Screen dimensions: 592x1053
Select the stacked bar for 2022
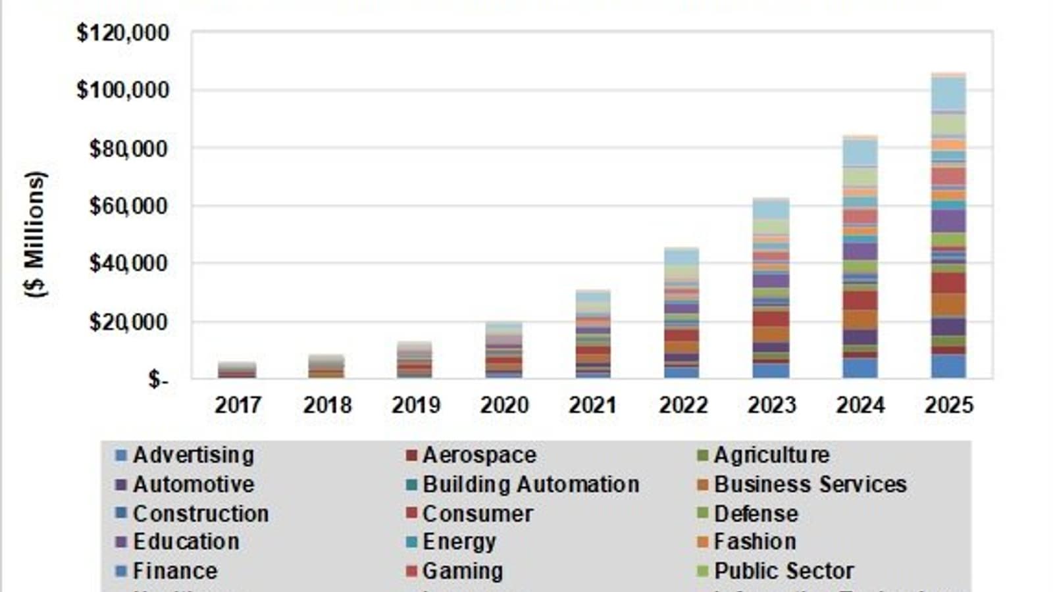click(682, 313)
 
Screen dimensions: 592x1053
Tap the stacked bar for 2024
click(860, 257)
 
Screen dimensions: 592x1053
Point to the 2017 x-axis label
click(238, 405)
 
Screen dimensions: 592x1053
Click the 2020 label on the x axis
click(504, 405)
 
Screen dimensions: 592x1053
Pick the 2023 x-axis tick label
click(771, 405)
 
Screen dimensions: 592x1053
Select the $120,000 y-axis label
click(123, 33)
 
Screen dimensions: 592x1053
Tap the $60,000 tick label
click(129, 207)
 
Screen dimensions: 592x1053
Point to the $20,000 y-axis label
click(129, 322)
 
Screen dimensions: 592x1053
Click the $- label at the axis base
click(158, 380)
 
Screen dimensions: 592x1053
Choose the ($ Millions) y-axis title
click(36, 234)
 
